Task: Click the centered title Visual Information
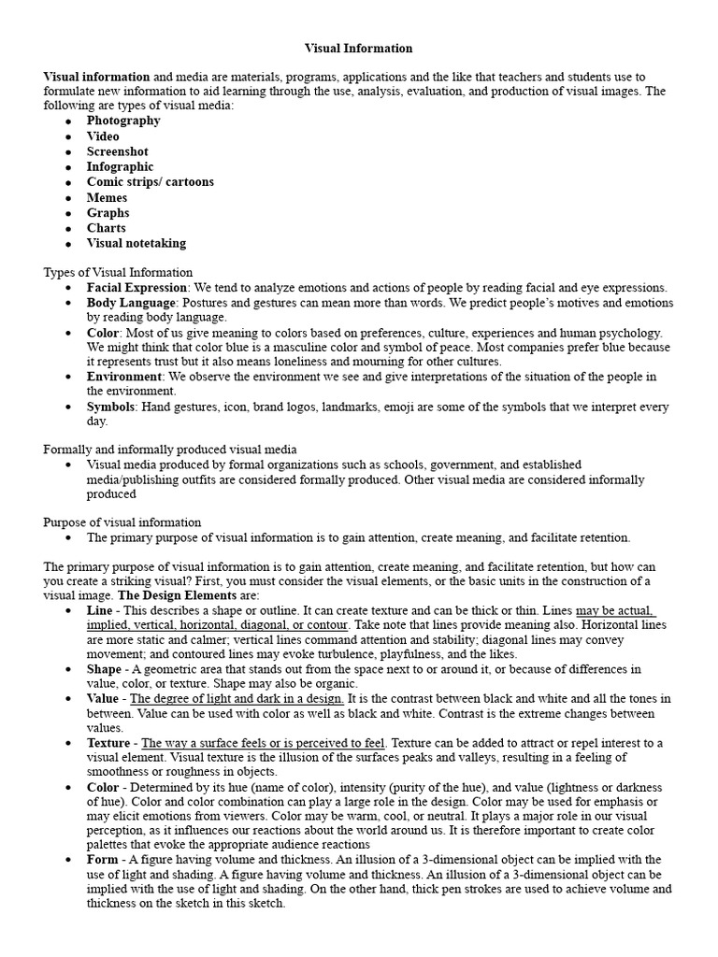359,48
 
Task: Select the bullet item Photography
123,121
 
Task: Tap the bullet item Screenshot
117,151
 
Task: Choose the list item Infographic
120,166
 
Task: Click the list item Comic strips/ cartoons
150,182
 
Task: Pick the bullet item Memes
107,197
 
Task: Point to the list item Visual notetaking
136,243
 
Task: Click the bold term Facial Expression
136,288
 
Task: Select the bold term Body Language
131,303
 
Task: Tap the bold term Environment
124,377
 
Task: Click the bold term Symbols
110,407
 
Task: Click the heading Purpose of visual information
122,522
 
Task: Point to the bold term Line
99,610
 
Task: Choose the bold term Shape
104,669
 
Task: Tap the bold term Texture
108,743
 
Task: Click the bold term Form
102,860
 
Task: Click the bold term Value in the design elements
103,699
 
